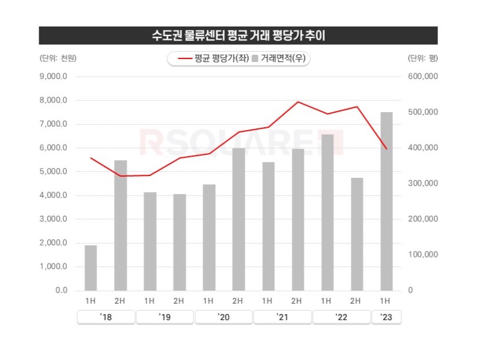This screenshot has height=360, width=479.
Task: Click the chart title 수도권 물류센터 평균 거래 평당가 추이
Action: (x=239, y=36)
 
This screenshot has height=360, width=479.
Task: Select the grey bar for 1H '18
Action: (x=90, y=268)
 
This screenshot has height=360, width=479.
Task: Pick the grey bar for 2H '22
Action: (x=356, y=234)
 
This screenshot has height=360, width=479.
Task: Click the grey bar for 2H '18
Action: (x=120, y=225)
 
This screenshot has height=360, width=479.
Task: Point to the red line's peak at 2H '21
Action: (x=297, y=102)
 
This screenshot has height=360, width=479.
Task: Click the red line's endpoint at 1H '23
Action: (x=386, y=148)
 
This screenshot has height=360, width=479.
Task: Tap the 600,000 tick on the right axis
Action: (x=422, y=77)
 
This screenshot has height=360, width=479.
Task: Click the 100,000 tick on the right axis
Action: (x=422, y=254)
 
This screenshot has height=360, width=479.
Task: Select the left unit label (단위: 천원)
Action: (x=58, y=58)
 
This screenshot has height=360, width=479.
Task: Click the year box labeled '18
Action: (x=105, y=317)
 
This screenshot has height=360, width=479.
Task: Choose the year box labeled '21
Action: (x=283, y=317)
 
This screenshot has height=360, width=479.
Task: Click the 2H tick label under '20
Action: (x=238, y=300)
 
